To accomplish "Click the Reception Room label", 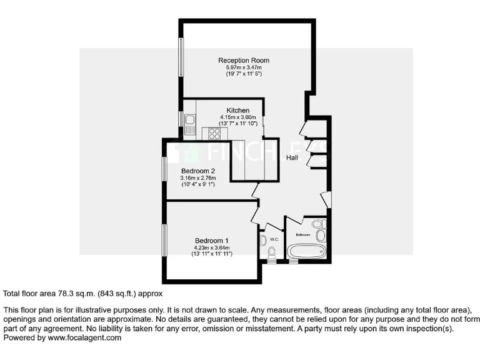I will pos(243,60).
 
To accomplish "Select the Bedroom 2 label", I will pos(198,171).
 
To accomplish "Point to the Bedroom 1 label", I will pos(211,241).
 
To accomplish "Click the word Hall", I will pos(292,158).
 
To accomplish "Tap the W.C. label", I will pos(274,239).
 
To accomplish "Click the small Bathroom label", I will pos(302,234).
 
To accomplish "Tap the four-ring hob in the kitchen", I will pos(214,132).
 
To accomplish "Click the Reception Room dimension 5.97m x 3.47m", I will pos(243,67).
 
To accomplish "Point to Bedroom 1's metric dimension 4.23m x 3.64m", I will pos(211,247).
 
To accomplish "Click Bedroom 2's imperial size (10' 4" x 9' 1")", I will pos(198,184).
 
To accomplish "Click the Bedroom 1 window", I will pos(165,239).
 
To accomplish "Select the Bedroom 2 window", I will pos(164,169).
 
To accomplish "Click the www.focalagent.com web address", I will pos(84,337).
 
